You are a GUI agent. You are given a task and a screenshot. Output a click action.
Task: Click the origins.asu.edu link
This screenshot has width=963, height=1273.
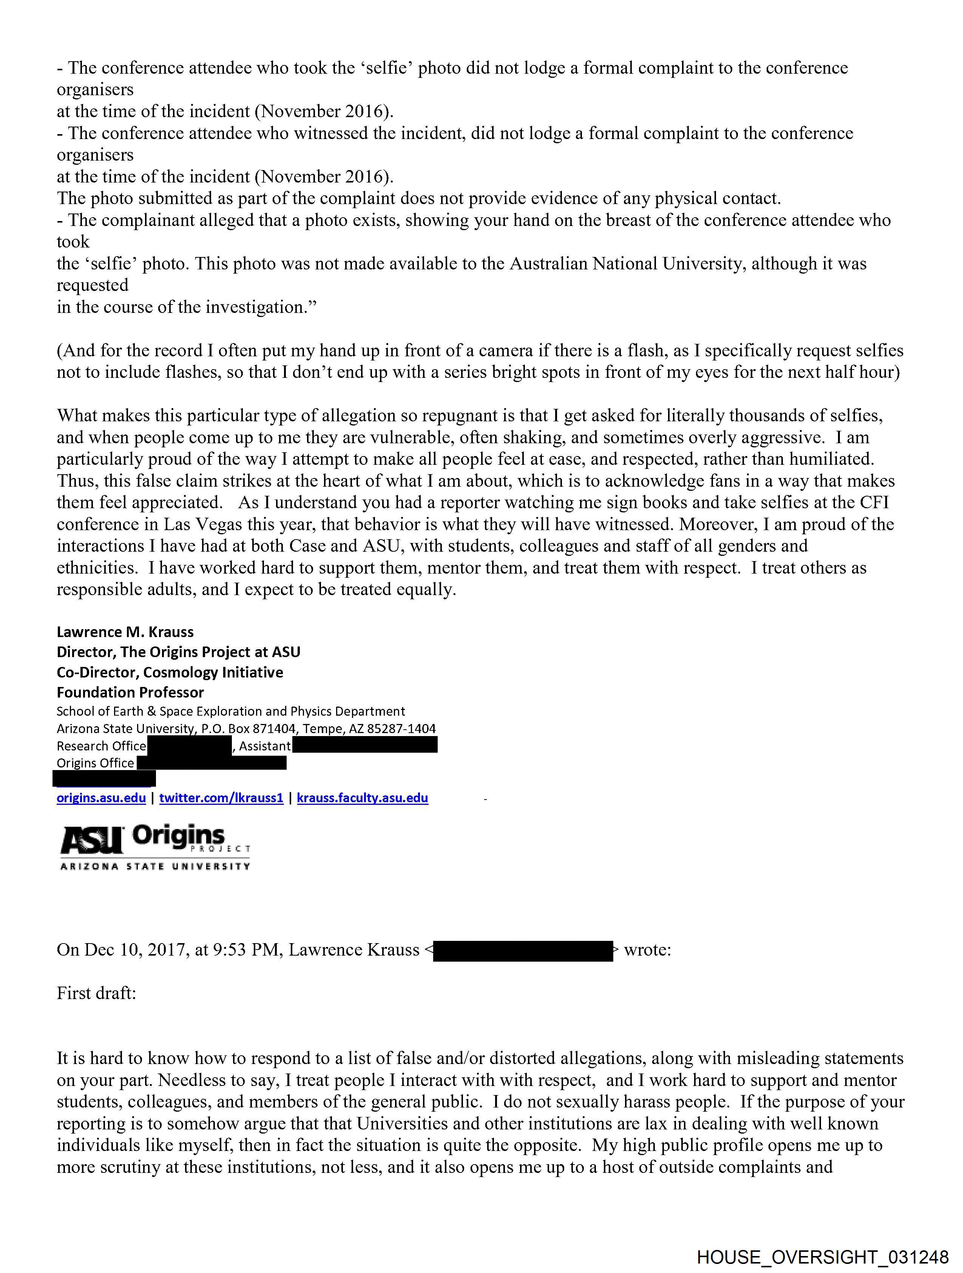coord(101,798)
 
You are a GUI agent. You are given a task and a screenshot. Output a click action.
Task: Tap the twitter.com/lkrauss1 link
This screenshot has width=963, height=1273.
coord(221,798)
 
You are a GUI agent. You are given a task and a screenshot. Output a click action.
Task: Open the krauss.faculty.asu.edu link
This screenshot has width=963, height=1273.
coord(363,798)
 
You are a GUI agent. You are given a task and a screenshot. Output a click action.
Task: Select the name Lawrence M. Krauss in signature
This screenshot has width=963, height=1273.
coord(125,632)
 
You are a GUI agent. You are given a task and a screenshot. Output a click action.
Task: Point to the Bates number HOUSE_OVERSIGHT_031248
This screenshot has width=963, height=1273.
coord(823,1257)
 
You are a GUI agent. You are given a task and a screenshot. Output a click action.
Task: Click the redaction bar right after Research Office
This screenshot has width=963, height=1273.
coord(189,746)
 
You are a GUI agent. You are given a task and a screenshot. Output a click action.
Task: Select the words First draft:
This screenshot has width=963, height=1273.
coord(96,994)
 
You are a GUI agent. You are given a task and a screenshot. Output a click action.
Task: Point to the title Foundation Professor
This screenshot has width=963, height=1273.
coord(130,692)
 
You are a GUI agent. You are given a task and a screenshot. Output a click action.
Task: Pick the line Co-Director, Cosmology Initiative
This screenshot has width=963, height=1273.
coord(170,672)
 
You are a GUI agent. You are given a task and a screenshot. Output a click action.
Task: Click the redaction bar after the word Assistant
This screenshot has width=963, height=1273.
coord(365,746)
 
